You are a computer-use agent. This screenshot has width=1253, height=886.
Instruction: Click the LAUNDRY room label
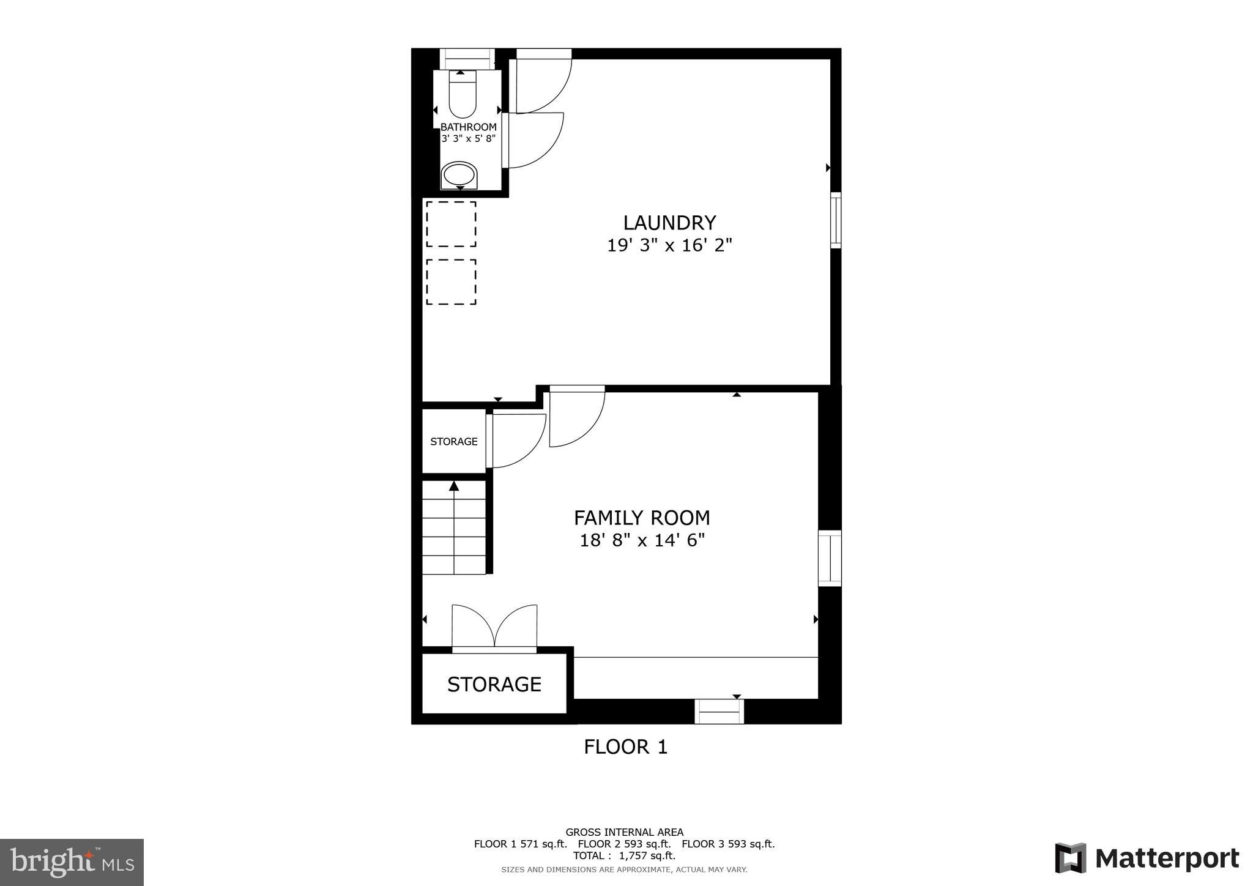point(669,222)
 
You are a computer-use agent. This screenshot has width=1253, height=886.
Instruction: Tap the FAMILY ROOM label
point(642,518)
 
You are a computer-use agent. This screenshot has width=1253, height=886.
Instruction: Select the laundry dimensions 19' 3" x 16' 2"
point(669,245)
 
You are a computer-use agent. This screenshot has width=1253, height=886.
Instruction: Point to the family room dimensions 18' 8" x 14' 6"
point(642,540)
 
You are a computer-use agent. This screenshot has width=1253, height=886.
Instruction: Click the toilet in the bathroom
point(462,97)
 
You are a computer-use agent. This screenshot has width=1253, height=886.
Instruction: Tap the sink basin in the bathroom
point(459,176)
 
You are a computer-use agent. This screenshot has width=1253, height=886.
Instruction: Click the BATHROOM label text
point(468,127)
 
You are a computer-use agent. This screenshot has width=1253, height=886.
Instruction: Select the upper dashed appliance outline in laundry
point(451,224)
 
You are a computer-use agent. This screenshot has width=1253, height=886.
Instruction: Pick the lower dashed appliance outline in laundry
point(451,282)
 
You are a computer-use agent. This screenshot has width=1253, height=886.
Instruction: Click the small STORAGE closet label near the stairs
point(453,441)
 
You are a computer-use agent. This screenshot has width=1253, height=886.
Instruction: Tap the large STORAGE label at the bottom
point(494,684)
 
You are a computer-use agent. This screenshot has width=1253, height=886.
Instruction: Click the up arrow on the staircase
point(454,486)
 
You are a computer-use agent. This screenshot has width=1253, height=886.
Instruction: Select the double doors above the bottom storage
point(494,627)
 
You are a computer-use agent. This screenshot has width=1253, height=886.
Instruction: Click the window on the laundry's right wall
point(835,220)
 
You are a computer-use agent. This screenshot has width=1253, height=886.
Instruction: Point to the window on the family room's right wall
point(830,558)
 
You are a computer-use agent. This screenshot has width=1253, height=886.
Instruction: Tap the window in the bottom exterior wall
point(719,712)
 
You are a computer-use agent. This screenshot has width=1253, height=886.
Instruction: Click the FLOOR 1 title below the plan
point(625,747)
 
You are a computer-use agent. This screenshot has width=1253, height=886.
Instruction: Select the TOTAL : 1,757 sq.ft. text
point(624,855)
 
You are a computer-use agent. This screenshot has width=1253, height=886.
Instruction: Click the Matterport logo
point(1147,858)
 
